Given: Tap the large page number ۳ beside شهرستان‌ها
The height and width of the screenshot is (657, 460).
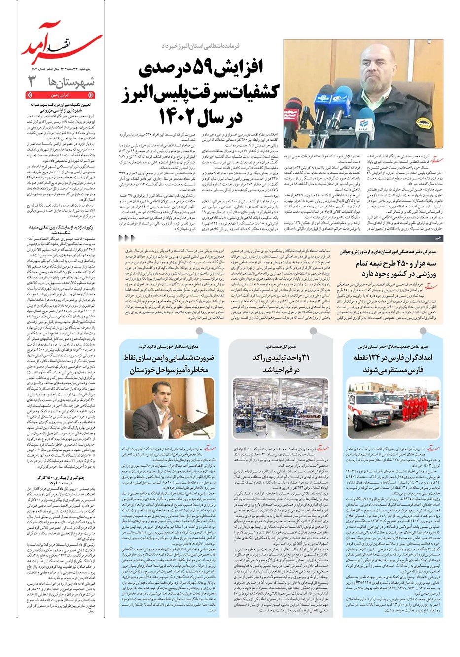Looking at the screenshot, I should click(x=33, y=82).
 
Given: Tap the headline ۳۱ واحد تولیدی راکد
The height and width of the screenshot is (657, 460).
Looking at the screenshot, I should click(x=280, y=363).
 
